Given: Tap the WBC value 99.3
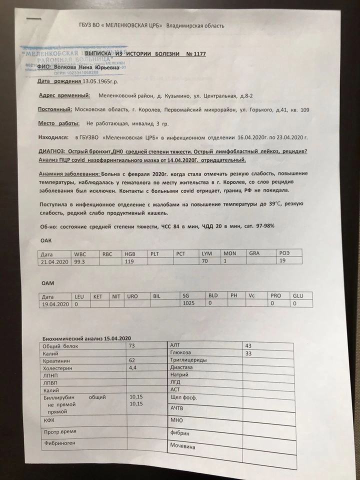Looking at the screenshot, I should click(x=80, y=261).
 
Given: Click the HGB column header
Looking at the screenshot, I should click(x=130, y=254).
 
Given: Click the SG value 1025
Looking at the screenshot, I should click(x=188, y=303).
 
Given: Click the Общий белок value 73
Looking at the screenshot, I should click(x=132, y=346).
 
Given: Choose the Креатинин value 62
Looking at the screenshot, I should click(x=132, y=360).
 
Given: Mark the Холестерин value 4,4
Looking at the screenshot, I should click(x=133, y=367).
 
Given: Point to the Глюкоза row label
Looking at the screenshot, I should click(x=181, y=353).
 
